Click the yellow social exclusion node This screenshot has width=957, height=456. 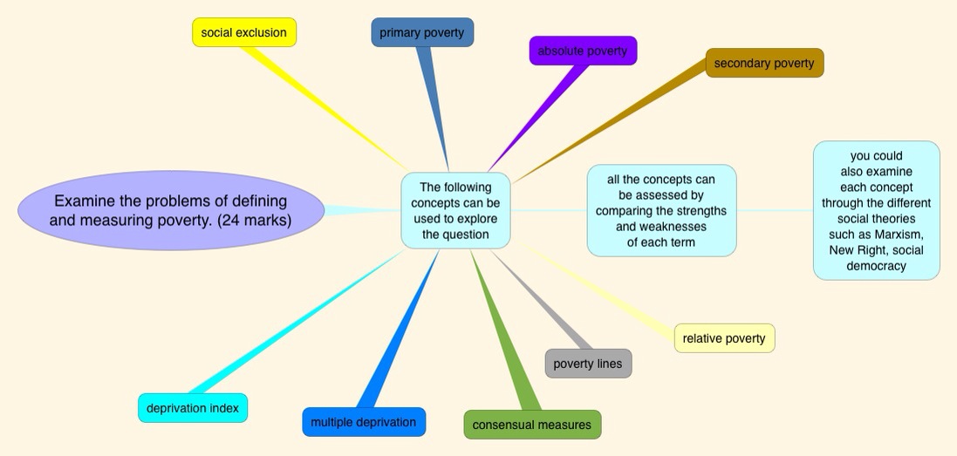[244, 33]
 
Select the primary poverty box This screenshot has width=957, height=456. [422, 33]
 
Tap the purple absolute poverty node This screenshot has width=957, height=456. [583, 51]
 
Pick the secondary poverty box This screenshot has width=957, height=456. [764, 63]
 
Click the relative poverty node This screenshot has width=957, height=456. [724, 338]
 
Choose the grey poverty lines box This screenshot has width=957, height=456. [588, 364]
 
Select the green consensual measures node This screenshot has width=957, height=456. [532, 425]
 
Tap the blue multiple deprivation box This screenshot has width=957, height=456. [364, 422]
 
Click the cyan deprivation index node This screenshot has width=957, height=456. [193, 408]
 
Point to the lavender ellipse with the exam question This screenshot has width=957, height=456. [171, 210]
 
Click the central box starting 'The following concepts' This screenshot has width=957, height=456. [455, 210]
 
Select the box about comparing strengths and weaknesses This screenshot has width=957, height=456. [661, 210]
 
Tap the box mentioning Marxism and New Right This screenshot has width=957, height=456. [876, 210]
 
